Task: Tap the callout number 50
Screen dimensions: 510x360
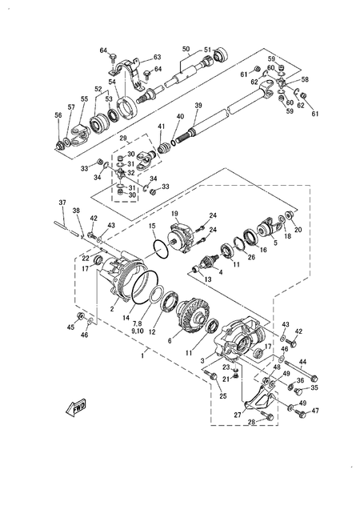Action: point(186,49)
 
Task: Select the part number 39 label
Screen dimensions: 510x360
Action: point(198,106)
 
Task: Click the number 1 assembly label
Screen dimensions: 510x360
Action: point(142,353)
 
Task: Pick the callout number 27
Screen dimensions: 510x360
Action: point(237,415)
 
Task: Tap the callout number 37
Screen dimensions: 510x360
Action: point(62,202)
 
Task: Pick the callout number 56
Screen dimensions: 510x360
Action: point(58,115)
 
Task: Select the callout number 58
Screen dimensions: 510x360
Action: point(303,80)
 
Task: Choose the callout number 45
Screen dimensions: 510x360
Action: point(70,327)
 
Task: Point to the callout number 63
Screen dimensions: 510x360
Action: point(157,57)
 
